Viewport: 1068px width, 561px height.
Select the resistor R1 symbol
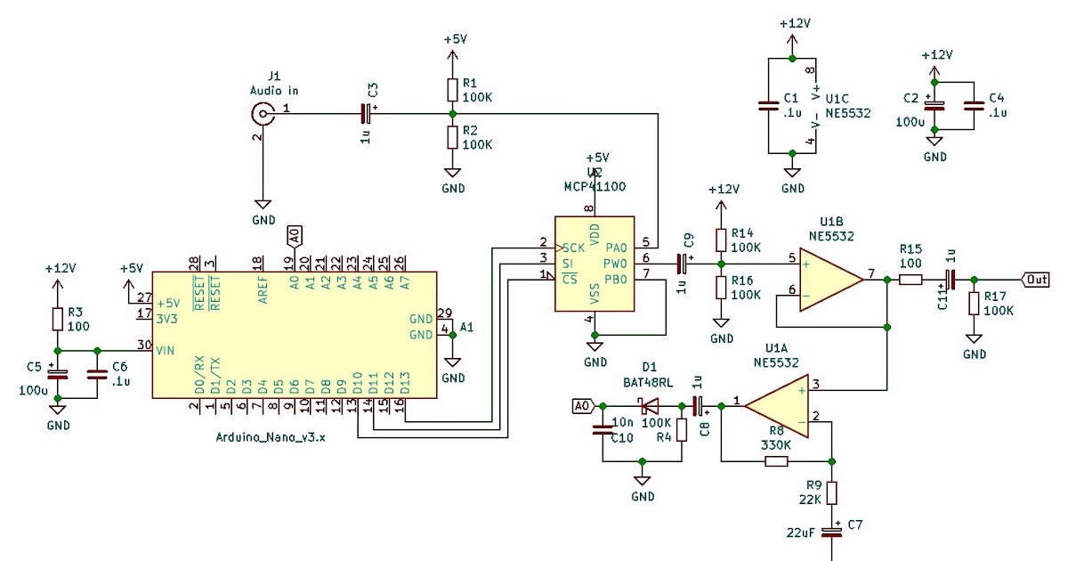click(452, 89)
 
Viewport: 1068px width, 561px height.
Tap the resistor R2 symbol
click(452, 137)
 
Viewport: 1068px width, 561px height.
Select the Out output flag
click(1035, 280)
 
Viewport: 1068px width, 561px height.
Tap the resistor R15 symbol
click(910, 280)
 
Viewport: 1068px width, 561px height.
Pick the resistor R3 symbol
click(58, 318)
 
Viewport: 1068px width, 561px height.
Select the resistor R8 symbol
click(776, 461)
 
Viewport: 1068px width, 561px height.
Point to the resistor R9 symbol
click(831, 492)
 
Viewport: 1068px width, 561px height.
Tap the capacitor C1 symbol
click(767, 106)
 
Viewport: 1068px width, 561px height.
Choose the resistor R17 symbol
click(975, 303)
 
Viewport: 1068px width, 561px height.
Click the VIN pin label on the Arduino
click(166, 350)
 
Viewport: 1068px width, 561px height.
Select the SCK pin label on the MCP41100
click(574, 247)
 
